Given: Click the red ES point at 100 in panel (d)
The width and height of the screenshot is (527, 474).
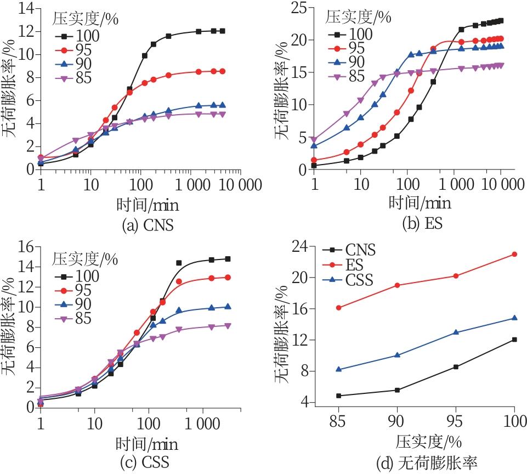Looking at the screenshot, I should [x=514, y=254].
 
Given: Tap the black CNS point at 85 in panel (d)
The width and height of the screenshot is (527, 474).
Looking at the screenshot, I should [x=339, y=396].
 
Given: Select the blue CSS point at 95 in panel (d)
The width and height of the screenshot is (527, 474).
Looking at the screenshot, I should [x=456, y=332].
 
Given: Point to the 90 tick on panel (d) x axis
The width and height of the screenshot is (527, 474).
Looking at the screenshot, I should [x=397, y=421].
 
